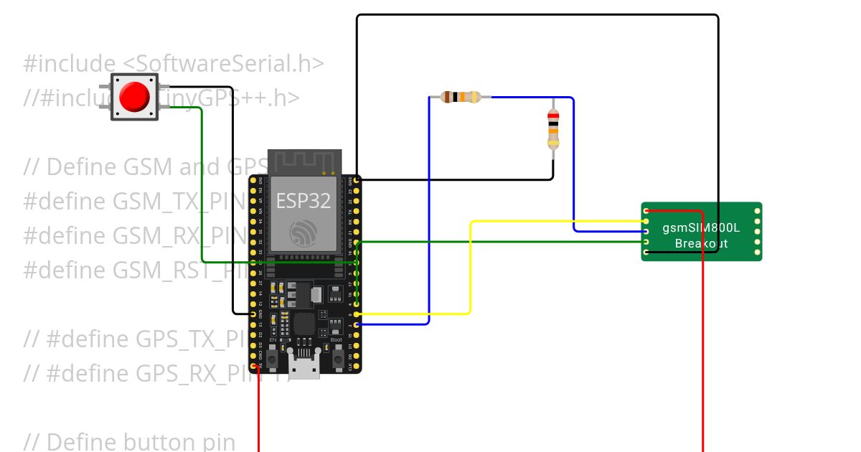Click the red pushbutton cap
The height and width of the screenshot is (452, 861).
click(134, 97)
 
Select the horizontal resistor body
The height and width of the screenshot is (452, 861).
click(460, 97)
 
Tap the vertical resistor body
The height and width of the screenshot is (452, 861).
click(553, 129)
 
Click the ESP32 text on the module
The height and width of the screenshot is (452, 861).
click(304, 201)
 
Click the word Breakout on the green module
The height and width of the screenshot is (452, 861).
click(701, 244)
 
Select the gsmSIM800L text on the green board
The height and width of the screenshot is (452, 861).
click(701, 228)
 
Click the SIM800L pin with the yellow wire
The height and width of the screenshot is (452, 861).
click(646, 221)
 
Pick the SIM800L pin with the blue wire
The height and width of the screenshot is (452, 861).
click(646, 231)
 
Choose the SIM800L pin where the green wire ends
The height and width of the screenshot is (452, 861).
click(646, 242)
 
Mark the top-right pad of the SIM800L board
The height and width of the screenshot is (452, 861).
click(757, 211)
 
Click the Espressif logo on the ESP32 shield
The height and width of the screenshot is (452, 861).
click(304, 233)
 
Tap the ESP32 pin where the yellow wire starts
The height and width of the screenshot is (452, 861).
click(357, 314)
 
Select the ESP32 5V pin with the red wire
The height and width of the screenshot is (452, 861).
click(253, 365)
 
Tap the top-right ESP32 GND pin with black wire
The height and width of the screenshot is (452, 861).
click(357, 179)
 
